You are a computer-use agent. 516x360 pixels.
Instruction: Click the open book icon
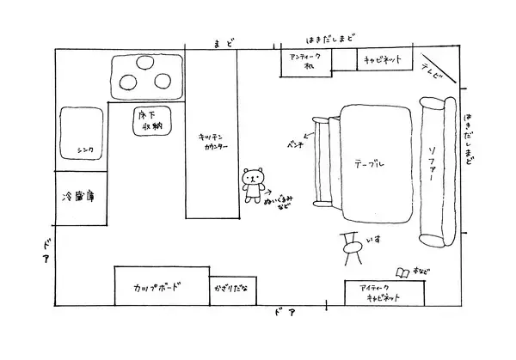click(402, 273)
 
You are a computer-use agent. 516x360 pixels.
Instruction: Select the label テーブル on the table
click(369, 162)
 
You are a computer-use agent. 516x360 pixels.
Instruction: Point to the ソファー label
click(432, 164)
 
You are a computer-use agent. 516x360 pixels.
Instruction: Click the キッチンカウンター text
click(212, 141)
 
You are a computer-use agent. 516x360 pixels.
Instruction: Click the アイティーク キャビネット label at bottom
click(379, 292)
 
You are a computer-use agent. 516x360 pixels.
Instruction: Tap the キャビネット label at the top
click(383, 61)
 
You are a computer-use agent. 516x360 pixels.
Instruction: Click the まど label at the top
click(224, 41)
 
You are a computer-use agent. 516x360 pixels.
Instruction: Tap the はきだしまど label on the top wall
click(332, 39)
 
